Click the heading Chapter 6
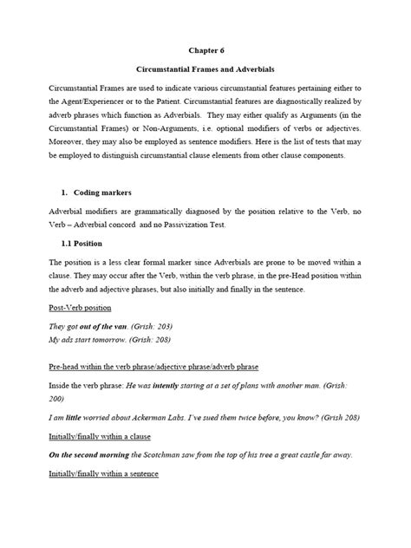tap(205, 49)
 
